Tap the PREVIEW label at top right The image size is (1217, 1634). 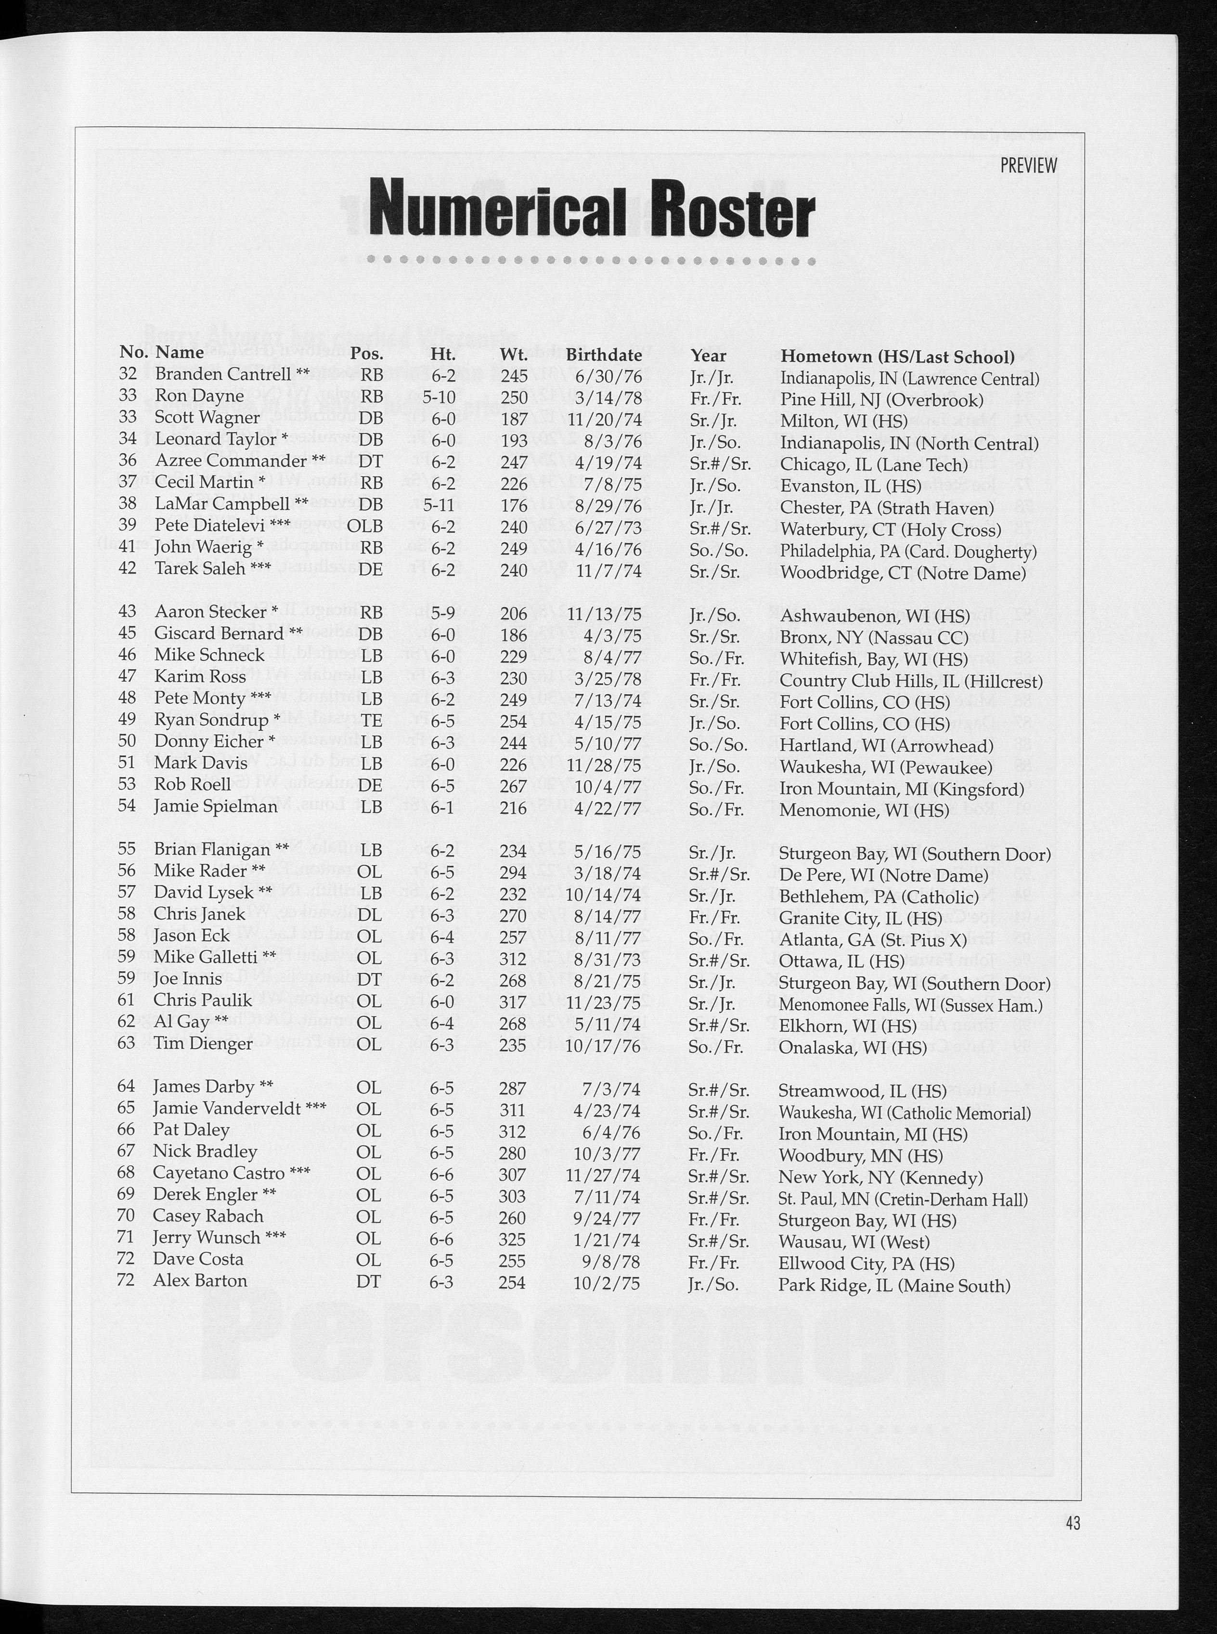(1028, 165)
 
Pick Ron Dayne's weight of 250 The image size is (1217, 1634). (514, 397)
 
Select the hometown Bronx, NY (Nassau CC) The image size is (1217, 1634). (874, 636)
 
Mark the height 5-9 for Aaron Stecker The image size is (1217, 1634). (442, 613)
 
